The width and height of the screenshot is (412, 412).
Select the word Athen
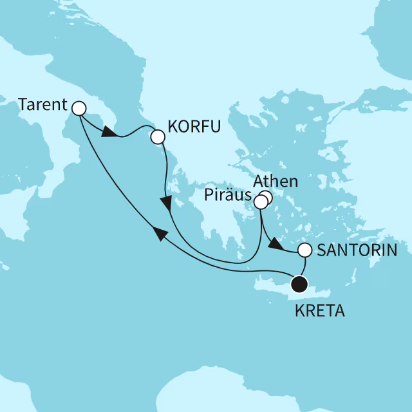[276, 182]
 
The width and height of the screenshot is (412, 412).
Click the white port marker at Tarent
[79, 108]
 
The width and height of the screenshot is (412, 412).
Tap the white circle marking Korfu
[156, 136]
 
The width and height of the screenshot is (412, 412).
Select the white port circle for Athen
[265, 198]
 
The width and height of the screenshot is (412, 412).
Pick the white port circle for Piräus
[260, 203]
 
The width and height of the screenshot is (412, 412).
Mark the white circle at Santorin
[304, 250]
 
